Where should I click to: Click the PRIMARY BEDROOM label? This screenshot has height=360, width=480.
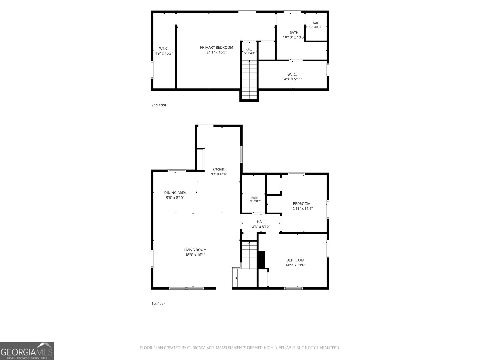217,47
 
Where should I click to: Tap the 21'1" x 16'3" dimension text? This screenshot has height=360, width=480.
217,52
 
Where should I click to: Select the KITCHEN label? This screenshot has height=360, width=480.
219,169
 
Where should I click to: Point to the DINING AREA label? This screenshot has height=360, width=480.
175,193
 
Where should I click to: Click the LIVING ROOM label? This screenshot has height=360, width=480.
195,250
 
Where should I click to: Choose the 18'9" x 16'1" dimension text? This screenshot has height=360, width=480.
195,255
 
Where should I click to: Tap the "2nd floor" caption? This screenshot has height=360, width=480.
159,105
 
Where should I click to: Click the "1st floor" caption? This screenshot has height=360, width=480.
158,304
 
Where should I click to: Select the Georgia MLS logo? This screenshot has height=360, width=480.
27,351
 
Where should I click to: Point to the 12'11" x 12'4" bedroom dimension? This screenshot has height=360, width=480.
301,208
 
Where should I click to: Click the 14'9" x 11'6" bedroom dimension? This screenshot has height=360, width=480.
295,265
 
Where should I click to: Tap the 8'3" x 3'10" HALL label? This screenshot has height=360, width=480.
261,224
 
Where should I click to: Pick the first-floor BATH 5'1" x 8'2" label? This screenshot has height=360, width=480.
255,199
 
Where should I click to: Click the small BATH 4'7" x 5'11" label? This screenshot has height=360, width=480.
316,25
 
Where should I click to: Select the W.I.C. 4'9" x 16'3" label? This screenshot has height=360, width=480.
164,51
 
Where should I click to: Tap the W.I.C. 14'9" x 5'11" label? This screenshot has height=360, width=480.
292,77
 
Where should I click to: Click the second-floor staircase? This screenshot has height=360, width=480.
249,80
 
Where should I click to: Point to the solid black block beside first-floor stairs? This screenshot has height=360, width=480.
262,260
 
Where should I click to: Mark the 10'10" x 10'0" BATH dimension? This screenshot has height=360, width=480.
293,37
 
